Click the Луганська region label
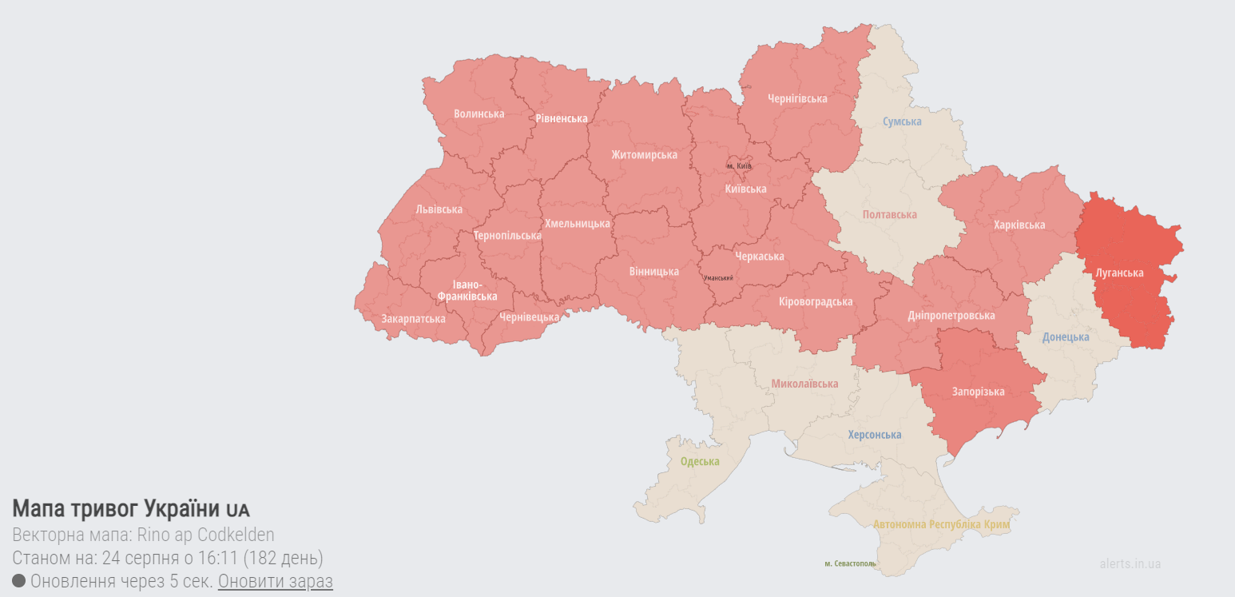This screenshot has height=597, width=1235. coord(1119,273)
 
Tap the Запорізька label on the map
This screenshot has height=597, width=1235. coord(978,392)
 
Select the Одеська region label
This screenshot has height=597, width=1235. coord(700,461)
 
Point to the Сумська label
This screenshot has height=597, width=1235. coord(902,121)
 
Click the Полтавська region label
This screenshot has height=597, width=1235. coord(889,214)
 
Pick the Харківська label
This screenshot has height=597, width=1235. coord(1019,225)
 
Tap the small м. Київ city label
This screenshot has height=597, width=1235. coord(739,165)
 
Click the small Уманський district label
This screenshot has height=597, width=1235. coord(718,278)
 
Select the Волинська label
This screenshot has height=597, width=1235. coord(479,113)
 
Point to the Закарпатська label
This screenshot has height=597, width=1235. coord(413,318)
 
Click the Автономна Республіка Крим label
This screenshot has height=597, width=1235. coord(941,525)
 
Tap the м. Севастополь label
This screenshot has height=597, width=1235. coord(850,563)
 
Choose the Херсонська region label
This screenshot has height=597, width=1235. coord(874,435)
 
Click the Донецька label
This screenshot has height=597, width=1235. coord(1066,336)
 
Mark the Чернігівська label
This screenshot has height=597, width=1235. coord(797,98)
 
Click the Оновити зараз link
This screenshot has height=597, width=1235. coord(275,581)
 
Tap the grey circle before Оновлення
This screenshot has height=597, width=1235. coord(19,581)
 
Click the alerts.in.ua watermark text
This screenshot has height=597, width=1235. coord(1130,563)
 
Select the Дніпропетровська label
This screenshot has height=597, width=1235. coord(951,315)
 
